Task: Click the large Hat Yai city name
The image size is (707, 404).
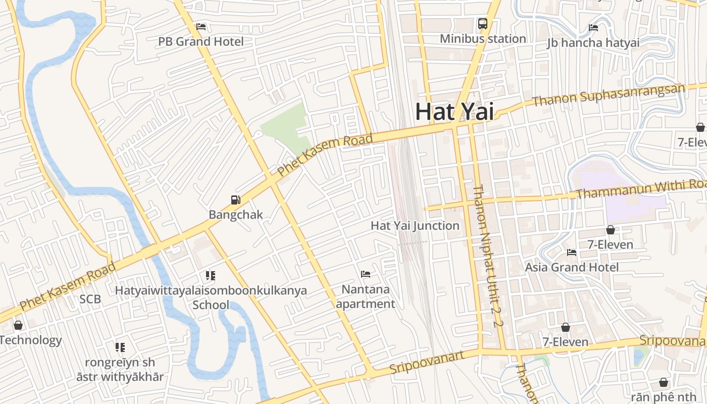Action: click(x=454, y=112)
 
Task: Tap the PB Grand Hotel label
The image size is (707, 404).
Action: click(x=201, y=41)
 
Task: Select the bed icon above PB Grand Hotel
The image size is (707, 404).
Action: click(x=201, y=26)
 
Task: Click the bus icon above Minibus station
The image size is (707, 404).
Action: click(x=483, y=23)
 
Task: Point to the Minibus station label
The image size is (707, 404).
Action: click(x=483, y=38)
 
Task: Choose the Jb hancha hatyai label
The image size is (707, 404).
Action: click(x=593, y=43)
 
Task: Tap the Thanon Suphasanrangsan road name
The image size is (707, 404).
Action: click(x=609, y=94)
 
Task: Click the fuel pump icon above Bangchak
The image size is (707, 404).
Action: click(x=236, y=200)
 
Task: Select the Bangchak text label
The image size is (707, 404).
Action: click(x=236, y=215)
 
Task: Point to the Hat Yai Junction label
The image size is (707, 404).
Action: click(x=415, y=226)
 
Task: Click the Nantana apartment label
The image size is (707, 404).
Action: click(x=366, y=296)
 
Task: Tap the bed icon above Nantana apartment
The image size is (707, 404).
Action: click(x=366, y=274)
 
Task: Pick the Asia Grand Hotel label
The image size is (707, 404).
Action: click(x=572, y=267)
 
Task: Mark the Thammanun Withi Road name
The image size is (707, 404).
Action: click(x=640, y=189)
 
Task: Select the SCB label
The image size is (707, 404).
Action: click(x=90, y=299)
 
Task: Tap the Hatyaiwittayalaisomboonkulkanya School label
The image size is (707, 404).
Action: click(x=211, y=297)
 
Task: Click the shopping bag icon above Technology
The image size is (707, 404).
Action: click(x=18, y=325)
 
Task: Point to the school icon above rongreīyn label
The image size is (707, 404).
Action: click(x=120, y=347)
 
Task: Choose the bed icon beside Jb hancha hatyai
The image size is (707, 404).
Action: click(x=593, y=28)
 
